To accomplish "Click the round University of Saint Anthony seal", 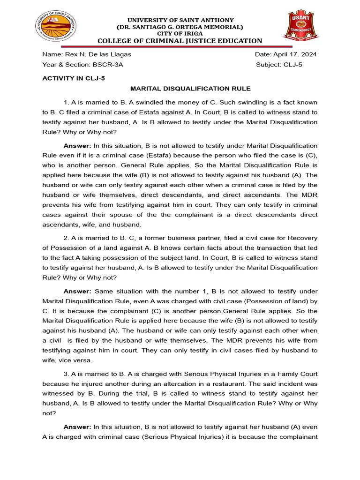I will (56, 26).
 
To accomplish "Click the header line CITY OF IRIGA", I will (181, 34).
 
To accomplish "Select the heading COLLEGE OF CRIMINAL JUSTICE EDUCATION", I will (181, 41).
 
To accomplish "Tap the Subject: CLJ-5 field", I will (279, 65).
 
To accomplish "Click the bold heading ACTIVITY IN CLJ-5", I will (74, 78).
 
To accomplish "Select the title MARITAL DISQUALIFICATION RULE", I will (190, 89).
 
